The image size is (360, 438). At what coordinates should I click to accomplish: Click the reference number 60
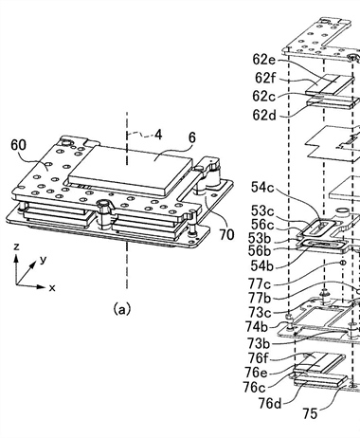click(x=19, y=145)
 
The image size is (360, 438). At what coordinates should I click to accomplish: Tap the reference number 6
click(x=191, y=137)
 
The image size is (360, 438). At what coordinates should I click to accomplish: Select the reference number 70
click(x=226, y=235)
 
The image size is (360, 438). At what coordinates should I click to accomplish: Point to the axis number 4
click(x=158, y=135)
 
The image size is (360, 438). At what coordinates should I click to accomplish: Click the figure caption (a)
click(x=121, y=309)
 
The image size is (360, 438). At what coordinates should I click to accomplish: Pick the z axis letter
click(x=16, y=246)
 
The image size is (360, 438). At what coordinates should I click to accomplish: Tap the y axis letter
click(x=44, y=260)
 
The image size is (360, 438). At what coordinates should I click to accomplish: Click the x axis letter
click(x=52, y=287)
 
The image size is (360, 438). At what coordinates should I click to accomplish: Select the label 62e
click(x=264, y=60)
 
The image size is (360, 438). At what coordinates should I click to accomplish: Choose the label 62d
click(x=264, y=116)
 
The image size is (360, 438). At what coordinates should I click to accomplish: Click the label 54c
click(x=262, y=188)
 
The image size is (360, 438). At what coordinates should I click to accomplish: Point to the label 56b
click(x=260, y=251)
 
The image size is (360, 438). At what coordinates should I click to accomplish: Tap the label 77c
click(x=260, y=284)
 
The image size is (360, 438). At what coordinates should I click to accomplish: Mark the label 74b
click(x=257, y=327)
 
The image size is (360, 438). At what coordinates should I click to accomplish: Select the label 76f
click(x=258, y=358)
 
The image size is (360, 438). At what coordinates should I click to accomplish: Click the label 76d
click(x=270, y=403)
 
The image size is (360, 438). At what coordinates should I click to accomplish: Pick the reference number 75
click(x=310, y=413)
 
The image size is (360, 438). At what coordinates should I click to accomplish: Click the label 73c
click(x=260, y=312)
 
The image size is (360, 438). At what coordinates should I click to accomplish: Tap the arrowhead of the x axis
click(x=42, y=287)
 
